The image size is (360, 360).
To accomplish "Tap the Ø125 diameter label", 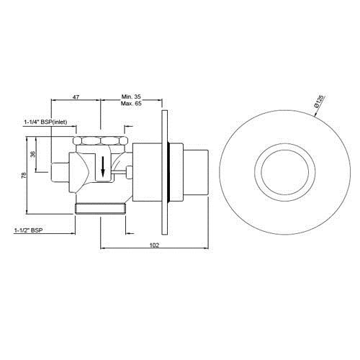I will tap(335, 99).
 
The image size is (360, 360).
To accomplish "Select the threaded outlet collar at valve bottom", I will tap(100, 209).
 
